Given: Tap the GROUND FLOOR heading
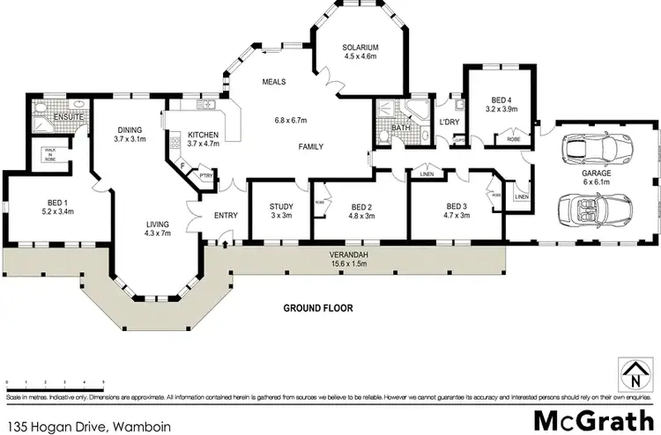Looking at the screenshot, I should [317, 308].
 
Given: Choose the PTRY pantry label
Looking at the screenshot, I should [206, 174].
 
